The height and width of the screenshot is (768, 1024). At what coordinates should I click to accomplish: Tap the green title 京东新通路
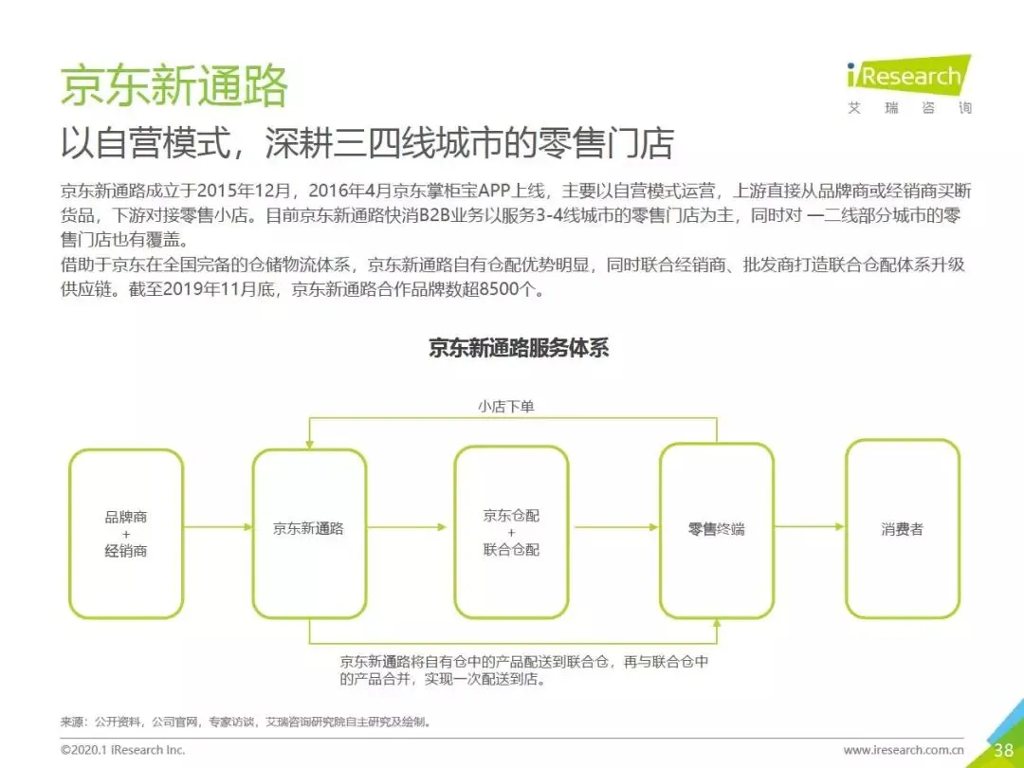(174, 87)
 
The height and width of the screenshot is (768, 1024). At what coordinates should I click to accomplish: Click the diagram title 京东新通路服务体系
(518, 348)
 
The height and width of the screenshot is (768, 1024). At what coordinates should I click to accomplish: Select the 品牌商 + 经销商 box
(126, 534)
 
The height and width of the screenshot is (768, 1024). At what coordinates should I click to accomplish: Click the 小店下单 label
(512, 407)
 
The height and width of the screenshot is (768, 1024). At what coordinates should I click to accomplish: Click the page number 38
(1003, 750)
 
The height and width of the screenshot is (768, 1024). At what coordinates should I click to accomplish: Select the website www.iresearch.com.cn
(904, 750)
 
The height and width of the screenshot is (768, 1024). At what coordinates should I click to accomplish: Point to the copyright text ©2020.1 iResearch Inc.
(123, 750)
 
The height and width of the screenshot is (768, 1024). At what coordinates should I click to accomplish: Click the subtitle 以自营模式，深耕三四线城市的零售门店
(367, 143)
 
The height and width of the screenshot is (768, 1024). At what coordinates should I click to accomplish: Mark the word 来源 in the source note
(72, 722)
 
